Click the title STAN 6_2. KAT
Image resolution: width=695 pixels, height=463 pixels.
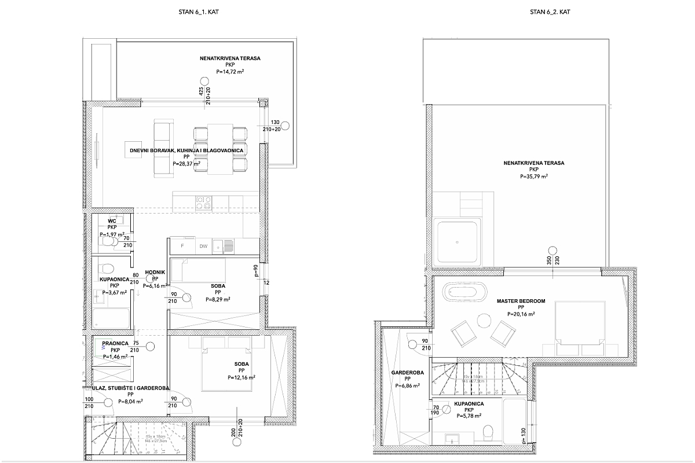tap(550, 12)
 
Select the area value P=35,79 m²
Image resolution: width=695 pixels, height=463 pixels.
tap(534, 177)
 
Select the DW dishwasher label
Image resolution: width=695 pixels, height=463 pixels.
tap(203, 247)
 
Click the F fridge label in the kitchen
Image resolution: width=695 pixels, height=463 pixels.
tap(182, 247)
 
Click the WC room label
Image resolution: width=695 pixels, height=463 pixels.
tap(113, 221)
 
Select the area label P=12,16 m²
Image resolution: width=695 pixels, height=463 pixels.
tap(242, 377)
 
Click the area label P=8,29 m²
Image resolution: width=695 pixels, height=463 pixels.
tap(218, 300)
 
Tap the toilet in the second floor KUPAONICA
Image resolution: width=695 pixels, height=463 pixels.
tap(487, 432)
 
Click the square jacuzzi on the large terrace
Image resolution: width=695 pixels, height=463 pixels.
tap(458, 241)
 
